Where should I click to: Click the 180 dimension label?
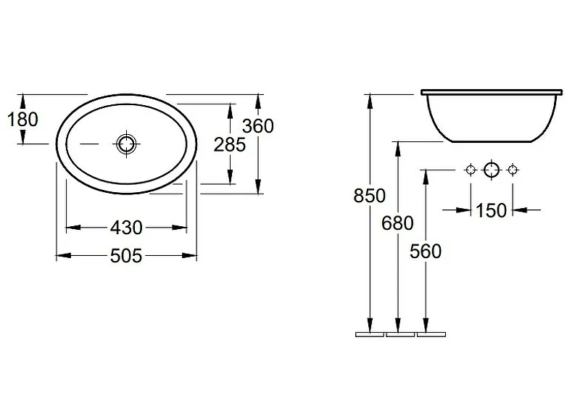pyautogui.click(x=22, y=120)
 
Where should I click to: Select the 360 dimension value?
pyautogui.click(x=258, y=126)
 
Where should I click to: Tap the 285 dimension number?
pyautogui.click(x=230, y=144)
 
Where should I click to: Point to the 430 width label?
pyautogui.click(x=126, y=228)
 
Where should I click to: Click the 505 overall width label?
pyautogui.click(x=126, y=256)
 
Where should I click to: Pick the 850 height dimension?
pyautogui.click(x=370, y=196)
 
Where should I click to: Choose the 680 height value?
pyautogui.click(x=397, y=223)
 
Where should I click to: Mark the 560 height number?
pyautogui.click(x=426, y=252)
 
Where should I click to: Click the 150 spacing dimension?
pyautogui.click(x=491, y=210)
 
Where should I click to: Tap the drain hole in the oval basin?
pyautogui.click(x=126, y=144)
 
